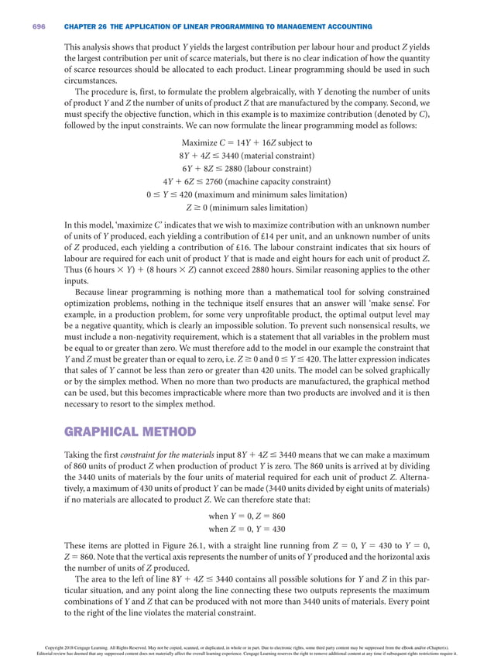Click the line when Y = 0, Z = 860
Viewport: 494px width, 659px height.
[x=246, y=516]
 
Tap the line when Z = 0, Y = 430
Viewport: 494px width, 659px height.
[x=246, y=529]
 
